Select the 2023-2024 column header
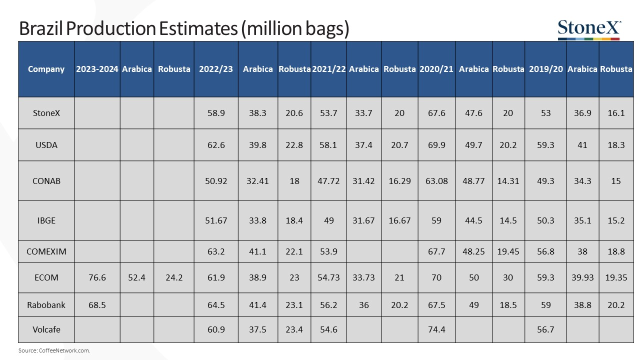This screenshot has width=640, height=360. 97,69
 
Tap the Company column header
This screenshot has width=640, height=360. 46,69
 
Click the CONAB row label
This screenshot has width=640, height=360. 46,181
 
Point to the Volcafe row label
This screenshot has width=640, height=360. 46,329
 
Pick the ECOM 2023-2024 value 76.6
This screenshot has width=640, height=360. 97,277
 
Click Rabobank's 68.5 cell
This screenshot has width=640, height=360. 97,304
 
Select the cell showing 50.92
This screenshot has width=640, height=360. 216,181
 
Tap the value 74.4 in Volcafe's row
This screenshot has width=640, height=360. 436,329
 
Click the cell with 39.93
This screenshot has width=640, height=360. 582,277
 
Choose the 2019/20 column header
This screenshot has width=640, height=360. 545,69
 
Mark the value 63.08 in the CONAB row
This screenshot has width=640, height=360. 436,181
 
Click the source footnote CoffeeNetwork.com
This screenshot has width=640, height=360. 54,351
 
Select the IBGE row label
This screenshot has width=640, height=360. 46,220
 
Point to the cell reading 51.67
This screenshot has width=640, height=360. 216,220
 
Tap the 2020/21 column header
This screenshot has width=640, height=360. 436,69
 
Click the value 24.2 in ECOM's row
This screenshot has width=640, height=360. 174,277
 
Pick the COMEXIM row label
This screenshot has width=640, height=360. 46,251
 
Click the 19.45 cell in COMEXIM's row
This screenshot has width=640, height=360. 508,251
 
